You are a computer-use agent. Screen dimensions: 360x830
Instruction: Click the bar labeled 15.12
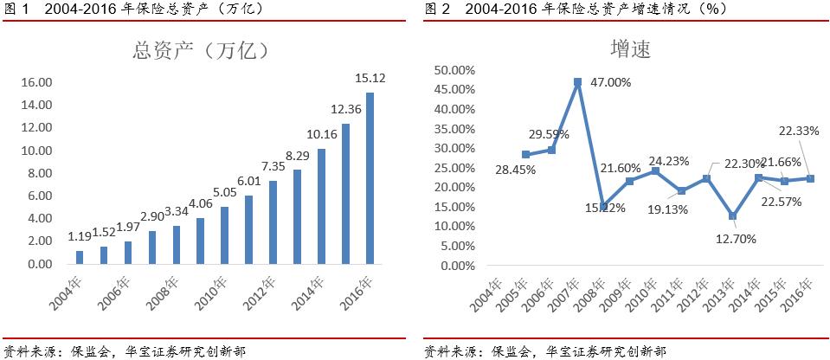370,177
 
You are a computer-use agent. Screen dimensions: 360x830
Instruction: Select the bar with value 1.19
80,257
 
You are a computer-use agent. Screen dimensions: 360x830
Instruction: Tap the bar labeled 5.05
224,235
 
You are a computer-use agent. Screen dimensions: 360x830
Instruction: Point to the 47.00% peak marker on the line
577,82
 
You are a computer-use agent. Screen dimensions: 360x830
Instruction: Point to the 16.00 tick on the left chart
36,82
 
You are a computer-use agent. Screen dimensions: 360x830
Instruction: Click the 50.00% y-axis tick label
451,70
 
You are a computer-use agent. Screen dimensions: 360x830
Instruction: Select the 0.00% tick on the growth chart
454,265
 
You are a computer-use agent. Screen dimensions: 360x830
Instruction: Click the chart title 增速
632,50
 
